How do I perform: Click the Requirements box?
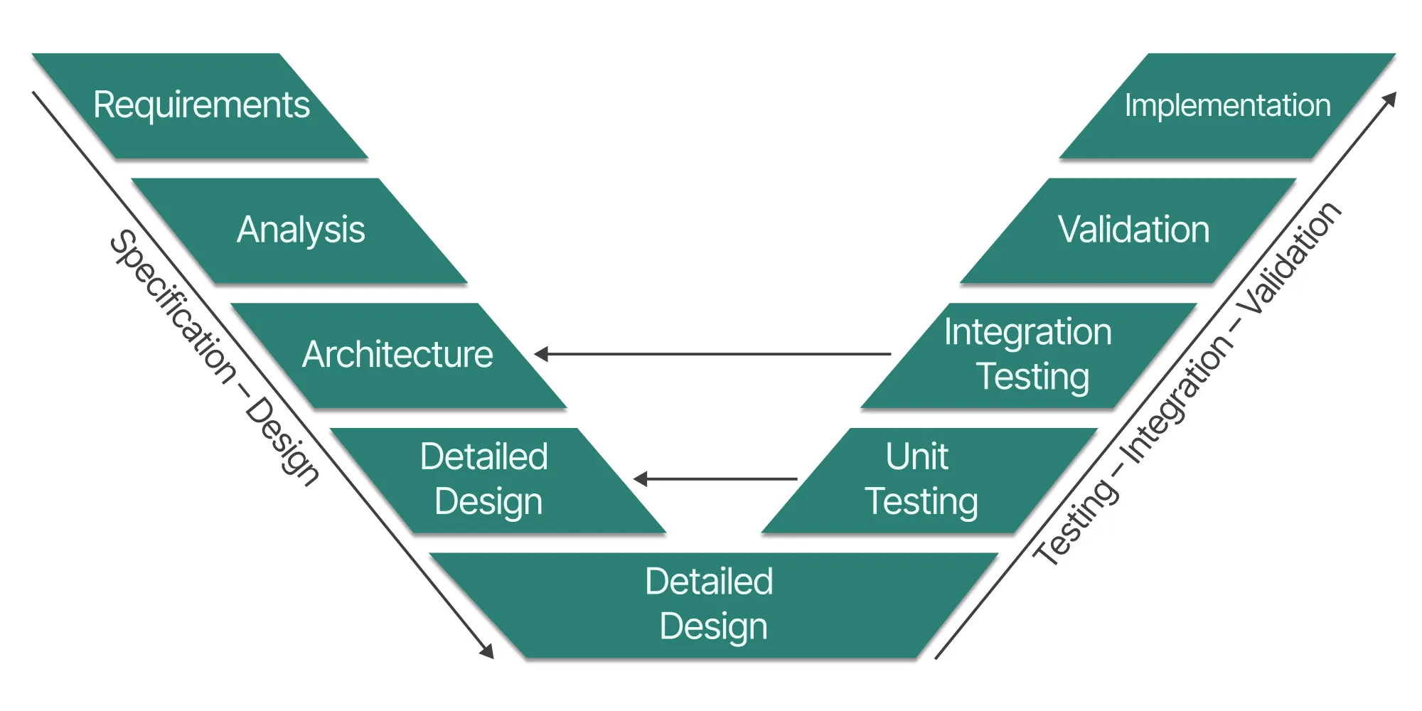coord(201,105)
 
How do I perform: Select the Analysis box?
coord(300,230)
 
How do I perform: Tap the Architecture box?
coord(398,355)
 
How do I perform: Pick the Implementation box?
coord(1227,105)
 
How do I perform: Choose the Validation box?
coord(1133,230)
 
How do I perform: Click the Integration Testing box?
coord(1028,355)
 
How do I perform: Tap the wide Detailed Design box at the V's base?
coord(711,604)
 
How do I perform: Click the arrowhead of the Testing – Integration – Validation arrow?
coord(1390,98)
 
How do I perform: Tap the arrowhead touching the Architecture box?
coord(542,353)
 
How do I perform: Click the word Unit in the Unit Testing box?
coord(917,456)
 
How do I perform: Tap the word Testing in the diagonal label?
coord(1075,523)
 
